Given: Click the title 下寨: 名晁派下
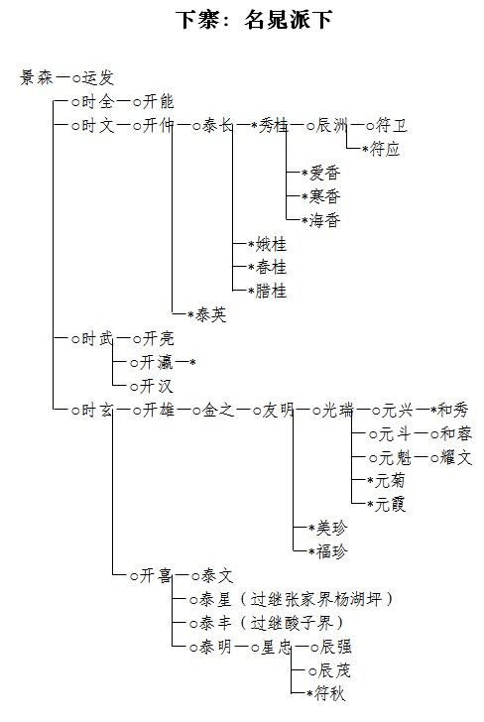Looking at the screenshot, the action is click(x=254, y=20).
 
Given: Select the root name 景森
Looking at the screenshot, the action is click(x=37, y=77).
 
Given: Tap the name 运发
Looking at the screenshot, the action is click(x=98, y=77).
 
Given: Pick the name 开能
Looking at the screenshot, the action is click(x=158, y=101).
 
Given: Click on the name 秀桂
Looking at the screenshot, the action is click(x=274, y=125).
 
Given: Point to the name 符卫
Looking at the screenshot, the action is click(x=392, y=125).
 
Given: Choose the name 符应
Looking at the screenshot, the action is click(x=385, y=149).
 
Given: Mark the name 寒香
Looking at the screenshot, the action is click(x=324, y=196).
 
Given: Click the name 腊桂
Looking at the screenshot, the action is click(x=271, y=291).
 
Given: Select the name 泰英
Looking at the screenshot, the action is click(x=211, y=315).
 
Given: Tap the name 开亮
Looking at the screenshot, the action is click(x=158, y=339).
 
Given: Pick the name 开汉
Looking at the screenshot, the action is click(x=157, y=387).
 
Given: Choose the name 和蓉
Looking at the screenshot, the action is click(x=456, y=433).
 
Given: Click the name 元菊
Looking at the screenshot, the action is click(x=390, y=481).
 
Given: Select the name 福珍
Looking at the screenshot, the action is click(x=331, y=551).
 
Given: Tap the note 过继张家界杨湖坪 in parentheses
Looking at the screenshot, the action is click(x=316, y=599).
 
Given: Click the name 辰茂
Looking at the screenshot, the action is click(x=334, y=670).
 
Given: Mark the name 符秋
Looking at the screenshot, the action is click(x=329, y=694).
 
